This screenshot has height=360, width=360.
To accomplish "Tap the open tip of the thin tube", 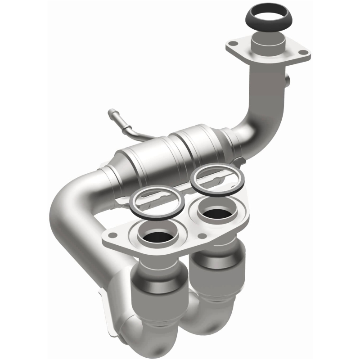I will (x=111, y=111).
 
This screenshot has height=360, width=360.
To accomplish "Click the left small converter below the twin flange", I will (x=157, y=288).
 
